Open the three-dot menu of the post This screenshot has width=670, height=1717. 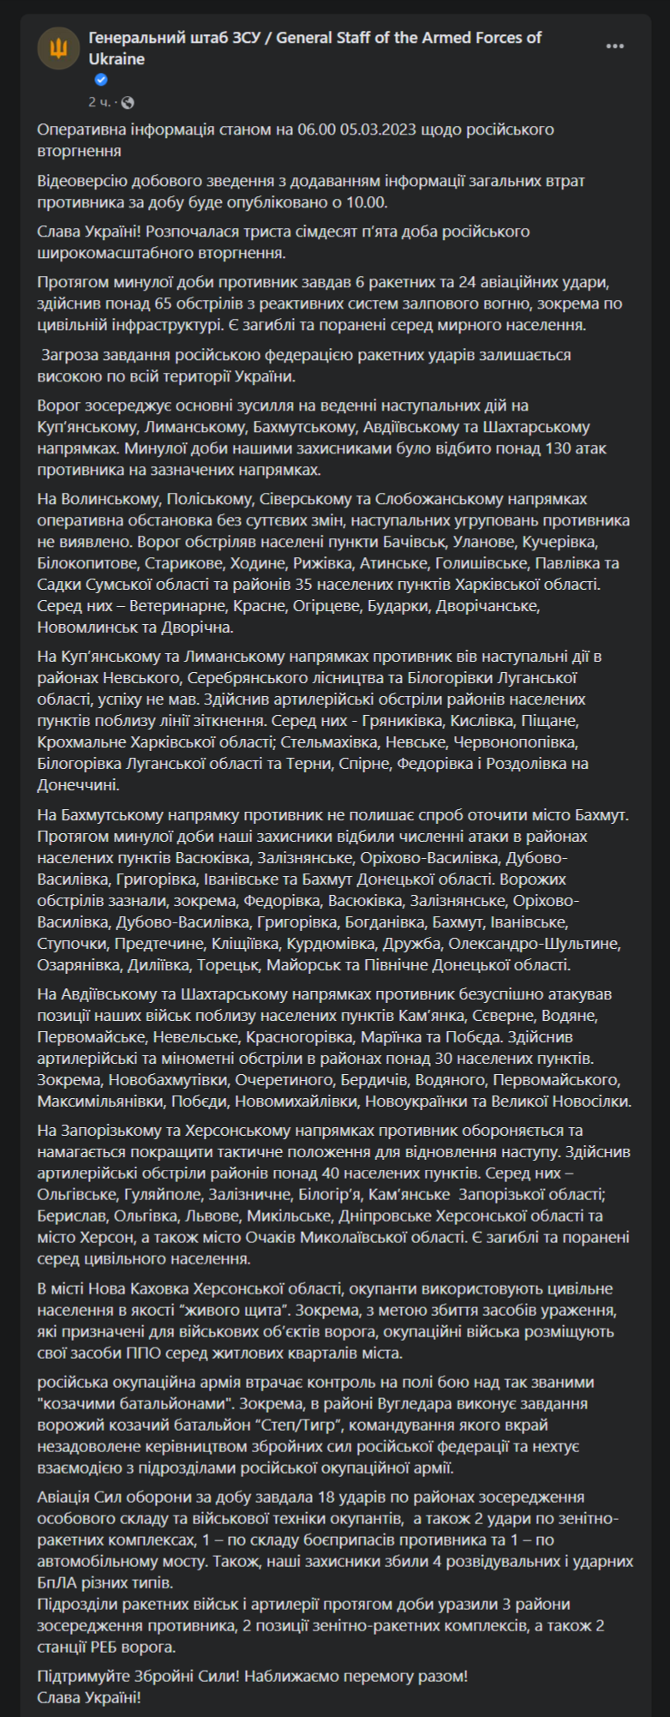point(615,46)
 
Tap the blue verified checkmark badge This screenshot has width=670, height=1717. point(101,80)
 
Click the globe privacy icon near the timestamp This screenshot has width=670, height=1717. point(128,103)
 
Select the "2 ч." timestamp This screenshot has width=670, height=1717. point(99,103)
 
